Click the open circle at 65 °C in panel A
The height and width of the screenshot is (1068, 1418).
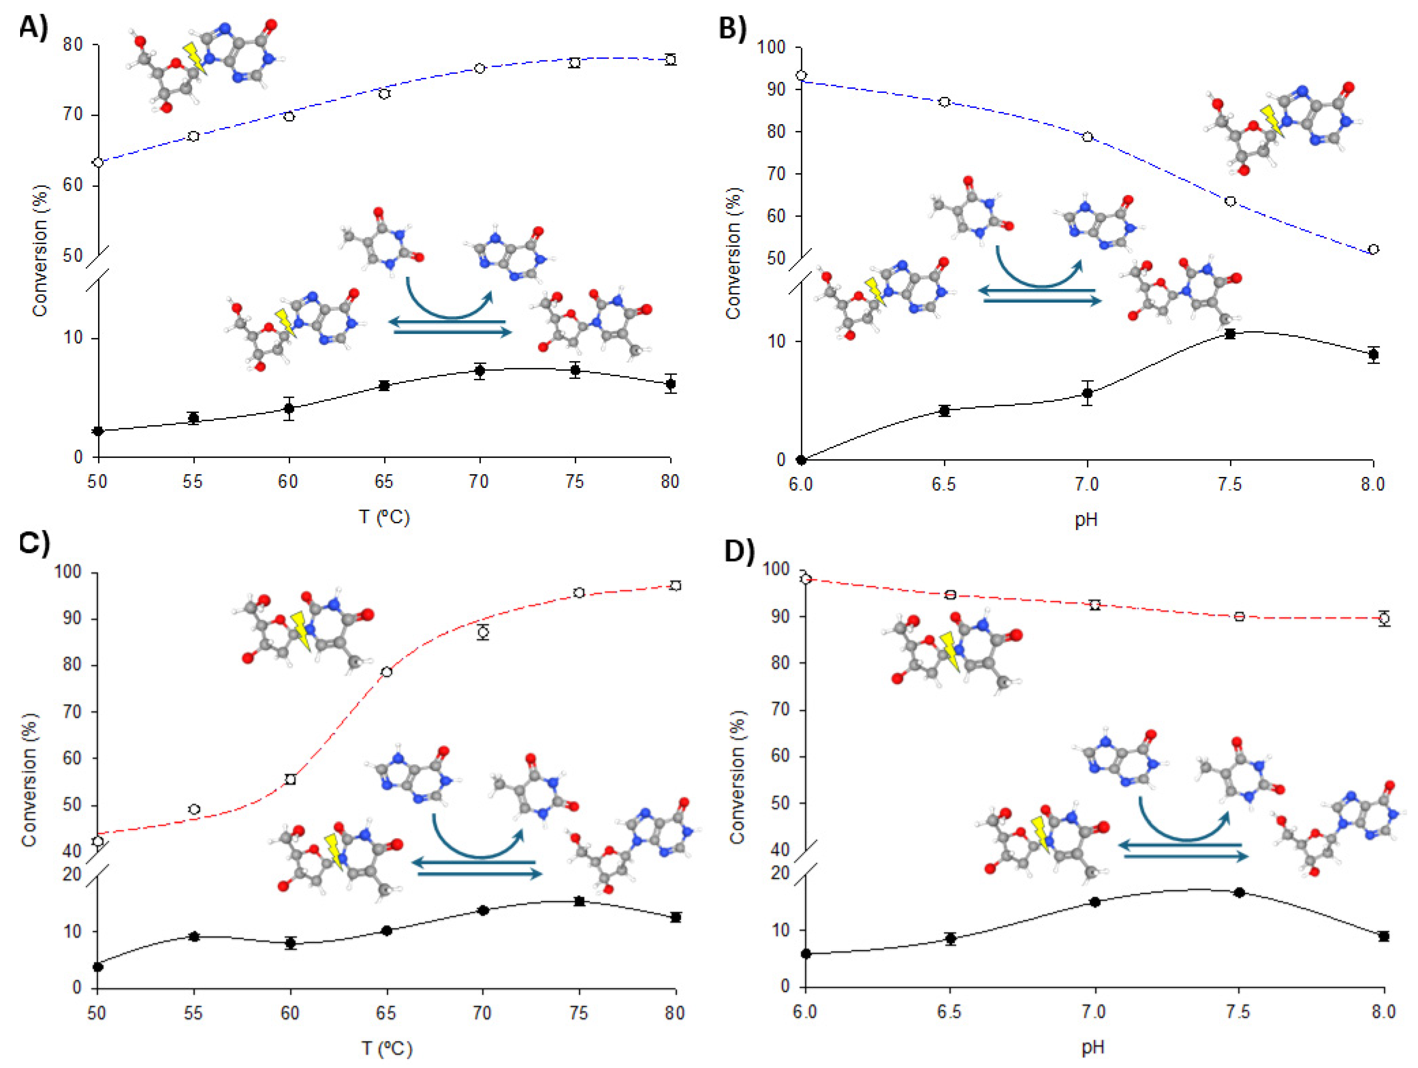click(x=384, y=94)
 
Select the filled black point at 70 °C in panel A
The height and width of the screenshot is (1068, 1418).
click(x=480, y=371)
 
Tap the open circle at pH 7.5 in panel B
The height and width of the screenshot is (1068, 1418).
click(x=1230, y=201)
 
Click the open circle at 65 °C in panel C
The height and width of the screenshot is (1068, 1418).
click(x=386, y=672)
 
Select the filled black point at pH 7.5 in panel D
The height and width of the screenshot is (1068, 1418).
click(x=1239, y=892)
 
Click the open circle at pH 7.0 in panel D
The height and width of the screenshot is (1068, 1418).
click(x=1095, y=604)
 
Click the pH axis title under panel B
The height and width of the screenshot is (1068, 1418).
click(x=1086, y=519)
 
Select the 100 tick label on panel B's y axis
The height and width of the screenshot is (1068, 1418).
click(x=771, y=47)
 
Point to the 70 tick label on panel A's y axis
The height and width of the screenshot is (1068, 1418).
click(x=73, y=115)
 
